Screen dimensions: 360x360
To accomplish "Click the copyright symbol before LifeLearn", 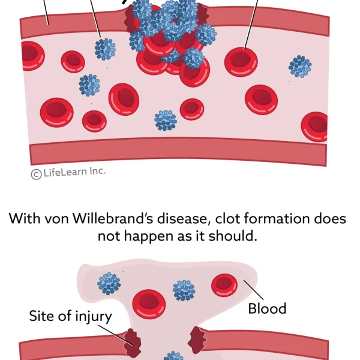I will (36, 173).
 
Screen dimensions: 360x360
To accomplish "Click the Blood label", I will (267, 308).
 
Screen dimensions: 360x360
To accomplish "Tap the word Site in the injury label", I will (42, 316).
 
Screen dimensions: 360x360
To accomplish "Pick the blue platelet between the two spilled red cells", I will (184, 290).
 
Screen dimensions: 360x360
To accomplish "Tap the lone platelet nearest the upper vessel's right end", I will (299, 66).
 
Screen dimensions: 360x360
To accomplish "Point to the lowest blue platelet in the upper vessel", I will (166, 120).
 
